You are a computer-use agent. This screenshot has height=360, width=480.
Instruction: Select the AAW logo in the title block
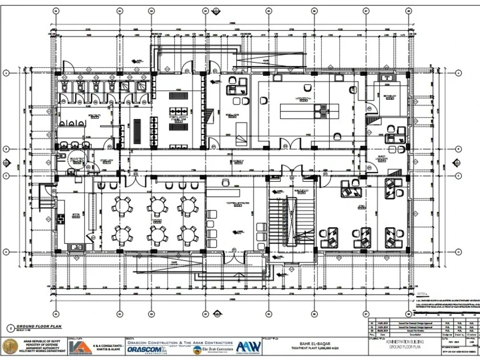[248, 347]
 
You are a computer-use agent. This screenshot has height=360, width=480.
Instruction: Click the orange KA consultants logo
[77, 347]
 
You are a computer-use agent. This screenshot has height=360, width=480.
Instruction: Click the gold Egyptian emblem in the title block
[10, 347]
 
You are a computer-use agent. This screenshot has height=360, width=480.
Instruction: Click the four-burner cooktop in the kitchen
[61, 219]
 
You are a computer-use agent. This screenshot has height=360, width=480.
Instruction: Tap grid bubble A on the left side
[6, 73]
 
